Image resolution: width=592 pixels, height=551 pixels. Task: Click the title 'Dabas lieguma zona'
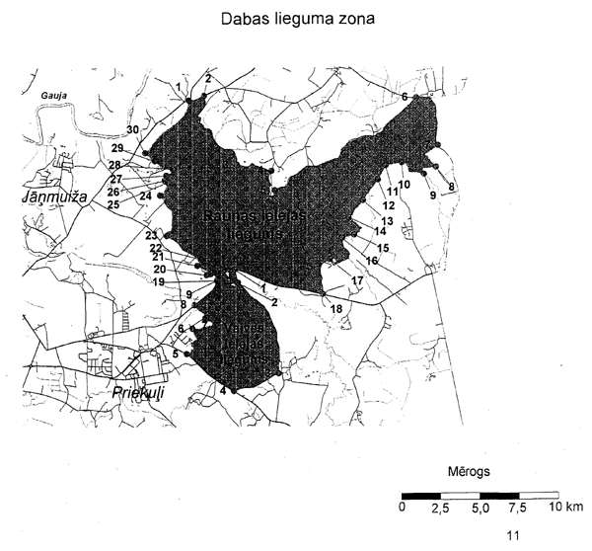coord(296,20)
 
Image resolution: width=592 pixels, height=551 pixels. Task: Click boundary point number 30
coord(133,131)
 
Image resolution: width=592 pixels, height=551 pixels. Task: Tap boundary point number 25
coord(113,204)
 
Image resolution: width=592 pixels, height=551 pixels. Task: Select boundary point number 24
coord(146,197)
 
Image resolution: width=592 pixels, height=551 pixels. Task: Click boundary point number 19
coord(159,281)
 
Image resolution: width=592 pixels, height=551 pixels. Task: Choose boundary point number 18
coord(336,309)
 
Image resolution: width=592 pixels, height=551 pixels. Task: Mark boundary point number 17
coord(357,281)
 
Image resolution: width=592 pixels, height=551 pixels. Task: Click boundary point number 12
coord(389,205)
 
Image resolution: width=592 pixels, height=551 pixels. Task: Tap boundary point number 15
coord(384,248)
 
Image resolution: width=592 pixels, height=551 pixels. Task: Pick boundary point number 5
coord(176,353)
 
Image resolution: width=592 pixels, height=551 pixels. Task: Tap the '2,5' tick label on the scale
coord(440,507)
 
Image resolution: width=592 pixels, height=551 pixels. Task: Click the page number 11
coord(512,536)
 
